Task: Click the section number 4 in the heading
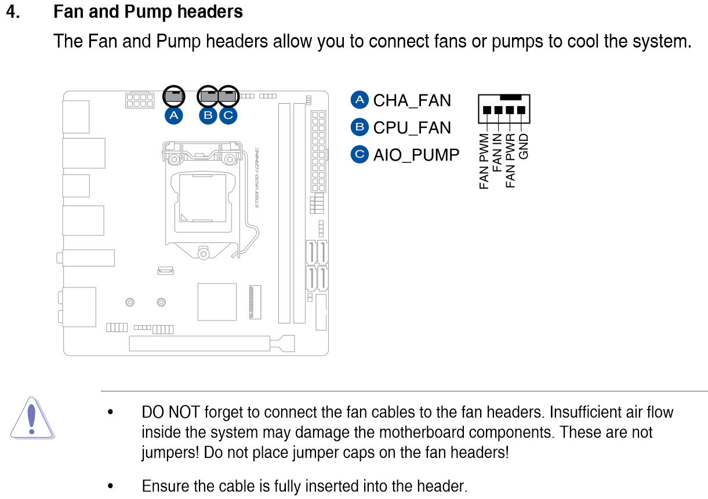(x=13, y=12)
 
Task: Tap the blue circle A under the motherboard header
(x=173, y=115)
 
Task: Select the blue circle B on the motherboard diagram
(x=208, y=115)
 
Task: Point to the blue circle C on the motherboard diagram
(x=228, y=115)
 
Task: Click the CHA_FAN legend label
(x=412, y=101)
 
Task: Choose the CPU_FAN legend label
(x=412, y=128)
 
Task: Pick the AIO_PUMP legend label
(x=416, y=155)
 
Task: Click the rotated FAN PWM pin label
(x=484, y=161)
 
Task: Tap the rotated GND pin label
(x=524, y=146)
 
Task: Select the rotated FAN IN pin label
(x=497, y=152)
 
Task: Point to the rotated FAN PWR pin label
(x=510, y=161)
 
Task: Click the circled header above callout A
(x=174, y=96)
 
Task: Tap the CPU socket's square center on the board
(x=202, y=198)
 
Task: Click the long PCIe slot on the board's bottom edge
(x=199, y=344)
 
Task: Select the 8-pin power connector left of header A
(x=140, y=100)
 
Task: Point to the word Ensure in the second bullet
(x=165, y=486)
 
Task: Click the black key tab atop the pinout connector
(x=510, y=97)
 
